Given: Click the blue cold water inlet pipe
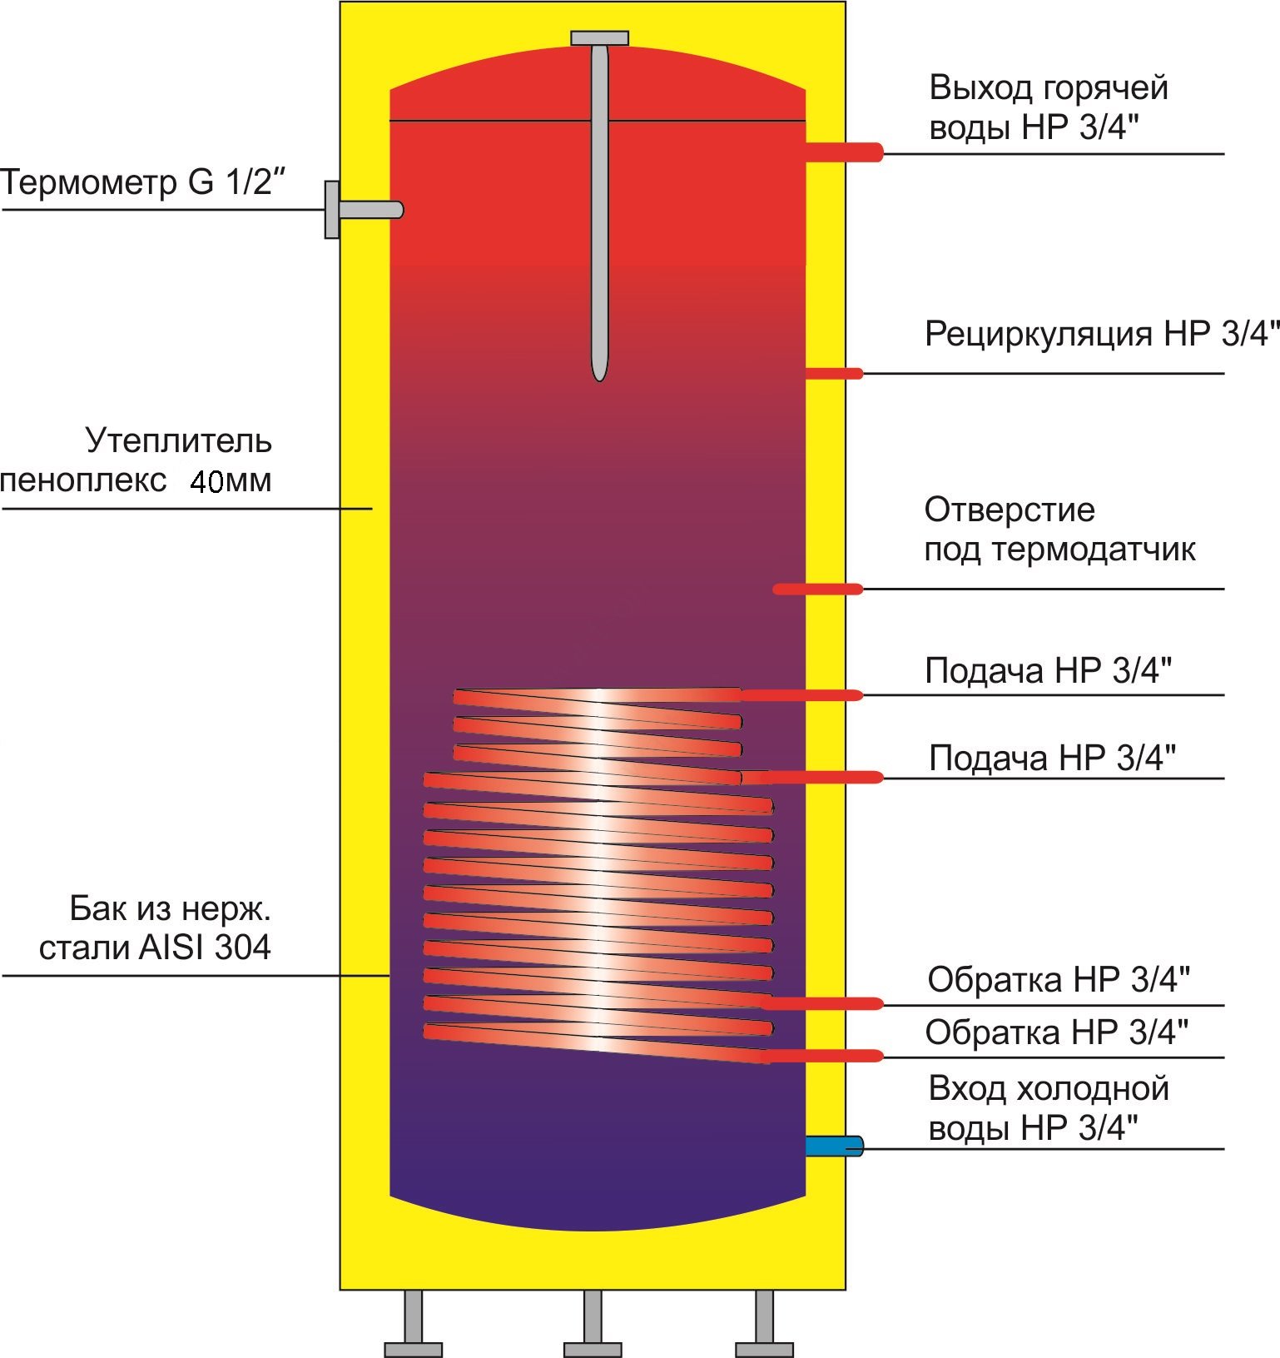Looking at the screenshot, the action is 834,1147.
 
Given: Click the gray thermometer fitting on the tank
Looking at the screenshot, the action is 364,210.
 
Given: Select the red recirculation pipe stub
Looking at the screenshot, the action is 834,373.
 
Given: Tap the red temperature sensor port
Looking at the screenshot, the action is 818,589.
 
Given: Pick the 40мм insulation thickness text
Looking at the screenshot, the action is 231,481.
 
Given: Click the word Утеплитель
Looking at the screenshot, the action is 178,440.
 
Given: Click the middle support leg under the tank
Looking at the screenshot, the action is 593,1323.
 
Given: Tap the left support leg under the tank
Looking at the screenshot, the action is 413,1323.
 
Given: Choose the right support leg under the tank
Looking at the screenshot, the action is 764,1323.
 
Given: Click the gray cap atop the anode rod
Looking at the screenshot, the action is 599,38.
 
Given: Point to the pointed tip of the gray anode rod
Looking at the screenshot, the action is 599,381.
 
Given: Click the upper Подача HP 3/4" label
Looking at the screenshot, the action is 1049,670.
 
